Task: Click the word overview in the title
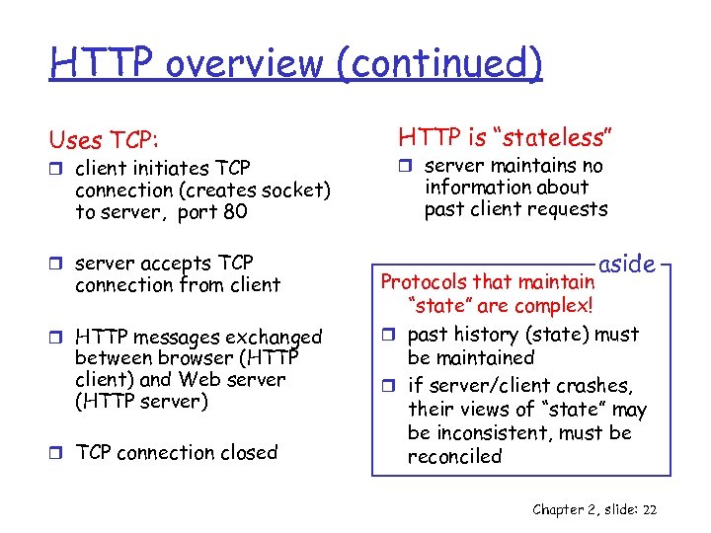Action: (244, 63)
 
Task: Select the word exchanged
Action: (271, 337)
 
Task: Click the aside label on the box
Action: (627, 264)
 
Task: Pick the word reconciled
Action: (455, 456)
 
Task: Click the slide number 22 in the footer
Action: (649, 509)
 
